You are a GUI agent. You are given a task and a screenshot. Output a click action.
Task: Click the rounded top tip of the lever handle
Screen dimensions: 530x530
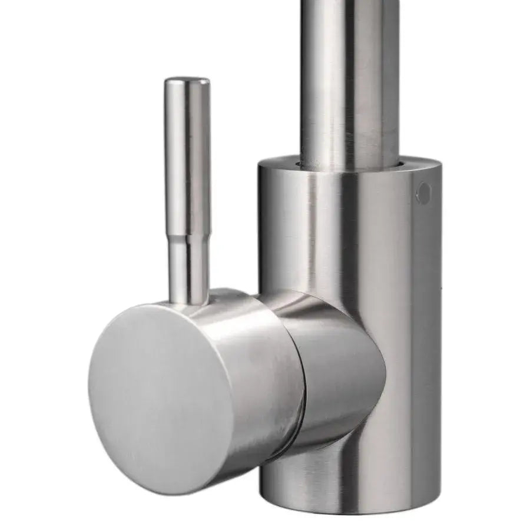click(187, 81)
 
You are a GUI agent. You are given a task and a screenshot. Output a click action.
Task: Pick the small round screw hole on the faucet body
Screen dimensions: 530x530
click(423, 193)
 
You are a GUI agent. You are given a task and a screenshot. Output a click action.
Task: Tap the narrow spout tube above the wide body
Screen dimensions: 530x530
click(347, 77)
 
